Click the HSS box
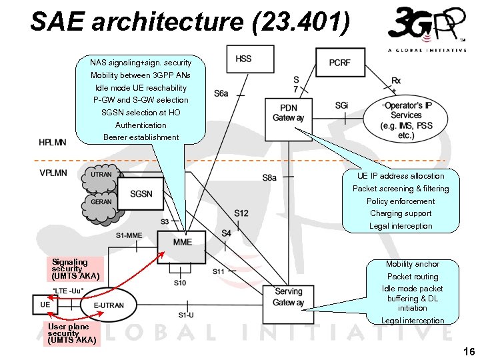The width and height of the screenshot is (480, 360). pyautogui.click(x=244, y=59)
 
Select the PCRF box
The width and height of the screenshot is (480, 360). pyautogui.click(x=339, y=63)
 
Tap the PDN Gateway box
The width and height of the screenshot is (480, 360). pyautogui.click(x=288, y=113)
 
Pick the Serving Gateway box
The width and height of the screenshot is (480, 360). pyautogui.click(x=288, y=297)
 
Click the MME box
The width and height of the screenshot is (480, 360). pyautogui.click(x=182, y=243)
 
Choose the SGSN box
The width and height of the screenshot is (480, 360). pyautogui.click(x=141, y=194)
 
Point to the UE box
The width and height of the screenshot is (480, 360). pyautogui.click(x=45, y=305)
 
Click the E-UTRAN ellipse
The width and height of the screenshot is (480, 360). pyautogui.click(x=108, y=305)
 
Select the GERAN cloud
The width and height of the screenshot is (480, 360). pyautogui.click(x=101, y=202)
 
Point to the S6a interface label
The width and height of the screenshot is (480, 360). pyautogui.click(x=221, y=94)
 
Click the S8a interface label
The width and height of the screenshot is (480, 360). pyautogui.click(x=269, y=177)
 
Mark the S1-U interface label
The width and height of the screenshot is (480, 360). pyautogui.click(x=186, y=315)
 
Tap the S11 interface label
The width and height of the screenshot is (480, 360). pyautogui.click(x=219, y=271)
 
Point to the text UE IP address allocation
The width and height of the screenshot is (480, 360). pyautogui.click(x=401, y=176)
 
